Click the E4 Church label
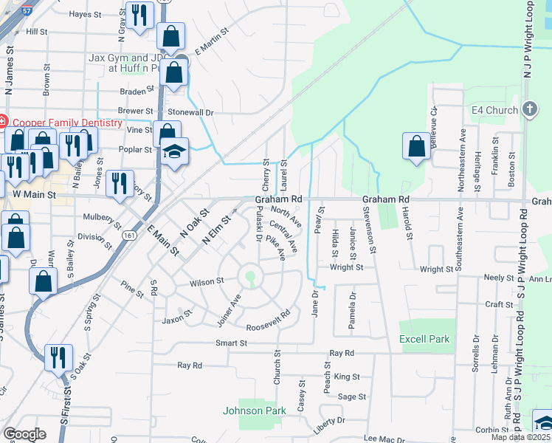[x=494, y=111]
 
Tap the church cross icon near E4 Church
[x=529, y=110]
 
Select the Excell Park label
[x=424, y=339]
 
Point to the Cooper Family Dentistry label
[x=65, y=122]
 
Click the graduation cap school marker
[x=174, y=151]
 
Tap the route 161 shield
[x=129, y=235]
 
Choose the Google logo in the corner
[x=24, y=434]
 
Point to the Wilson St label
[x=206, y=281]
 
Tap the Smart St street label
[x=231, y=343]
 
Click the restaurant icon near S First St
[x=58, y=357]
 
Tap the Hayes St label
[x=85, y=14]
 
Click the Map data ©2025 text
[x=521, y=437]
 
